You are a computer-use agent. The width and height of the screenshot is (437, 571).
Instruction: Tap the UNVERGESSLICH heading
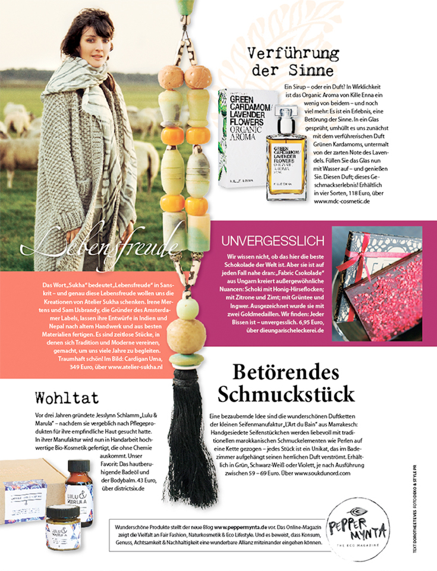click(x=273, y=241)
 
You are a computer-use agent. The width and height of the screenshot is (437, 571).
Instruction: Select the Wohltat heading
click(x=67, y=397)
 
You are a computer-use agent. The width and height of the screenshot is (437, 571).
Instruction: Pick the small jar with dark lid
click(x=63, y=521)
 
